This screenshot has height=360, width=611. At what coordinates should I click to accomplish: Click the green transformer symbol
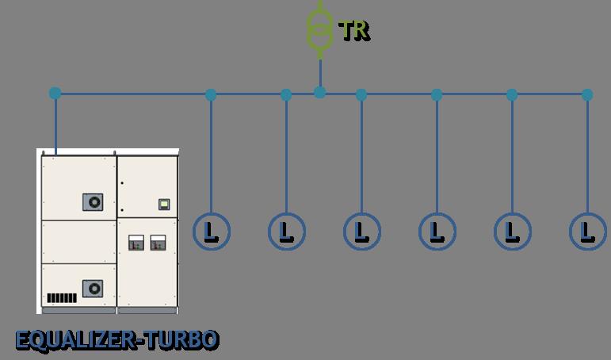[320, 29]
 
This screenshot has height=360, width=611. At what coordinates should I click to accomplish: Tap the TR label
[354, 30]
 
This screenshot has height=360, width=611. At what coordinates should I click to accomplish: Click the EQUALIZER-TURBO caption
[117, 340]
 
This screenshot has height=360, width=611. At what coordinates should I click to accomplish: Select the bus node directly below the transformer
[320, 93]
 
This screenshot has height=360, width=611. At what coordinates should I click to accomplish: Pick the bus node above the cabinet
[55, 94]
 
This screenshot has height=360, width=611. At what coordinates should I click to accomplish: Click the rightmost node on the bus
[587, 95]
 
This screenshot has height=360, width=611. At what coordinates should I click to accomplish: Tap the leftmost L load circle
[212, 232]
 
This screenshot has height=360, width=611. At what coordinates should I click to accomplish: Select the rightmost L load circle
[588, 232]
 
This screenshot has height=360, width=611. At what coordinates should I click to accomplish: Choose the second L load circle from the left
[287, 232]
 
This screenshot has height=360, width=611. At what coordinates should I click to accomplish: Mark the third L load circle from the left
[362, 232]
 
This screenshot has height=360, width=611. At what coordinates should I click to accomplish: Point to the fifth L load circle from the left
[513, 232]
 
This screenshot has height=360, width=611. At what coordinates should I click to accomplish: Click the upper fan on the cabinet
[93, 202]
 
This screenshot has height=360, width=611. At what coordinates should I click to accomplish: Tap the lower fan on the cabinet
[93, 289]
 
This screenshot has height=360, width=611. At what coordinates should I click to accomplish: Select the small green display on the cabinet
[164, 204]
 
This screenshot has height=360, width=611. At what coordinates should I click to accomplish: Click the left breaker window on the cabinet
[136, 243]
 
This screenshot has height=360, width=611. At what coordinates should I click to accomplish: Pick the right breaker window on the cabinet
[158, 243]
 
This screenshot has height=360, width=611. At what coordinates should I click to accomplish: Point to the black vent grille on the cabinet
[62, 298]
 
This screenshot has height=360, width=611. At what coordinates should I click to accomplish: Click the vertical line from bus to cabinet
[55, 124]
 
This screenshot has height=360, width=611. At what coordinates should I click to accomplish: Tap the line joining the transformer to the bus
[320, 73]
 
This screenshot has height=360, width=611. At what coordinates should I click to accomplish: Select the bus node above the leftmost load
[211, 95]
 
